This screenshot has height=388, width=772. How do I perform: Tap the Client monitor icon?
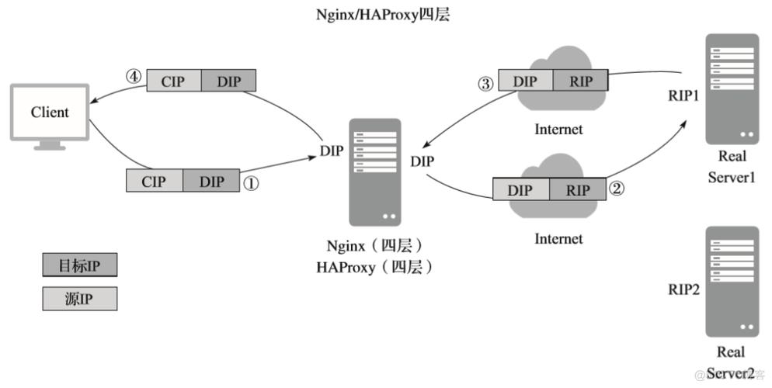click(50, 116)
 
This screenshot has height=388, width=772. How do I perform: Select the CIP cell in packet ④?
click(174, 80)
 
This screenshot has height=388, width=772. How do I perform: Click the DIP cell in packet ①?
click(211, 182)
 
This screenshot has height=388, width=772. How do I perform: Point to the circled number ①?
click(251, 182)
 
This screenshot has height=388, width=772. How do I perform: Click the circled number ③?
click(485, 83)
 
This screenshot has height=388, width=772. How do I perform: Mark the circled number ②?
click(617, 189)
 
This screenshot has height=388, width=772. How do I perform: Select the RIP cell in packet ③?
click(580, 81)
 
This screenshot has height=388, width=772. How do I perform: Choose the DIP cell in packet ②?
click(521, 189)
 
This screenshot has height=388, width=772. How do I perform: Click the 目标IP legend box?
click(79, 265)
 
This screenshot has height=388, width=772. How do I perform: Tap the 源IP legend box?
click(79, 299)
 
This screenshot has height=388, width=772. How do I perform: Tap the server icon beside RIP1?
click(732, 89)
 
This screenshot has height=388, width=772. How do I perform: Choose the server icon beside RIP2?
click(732, 281)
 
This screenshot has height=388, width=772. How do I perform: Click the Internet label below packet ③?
click(558, 129)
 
